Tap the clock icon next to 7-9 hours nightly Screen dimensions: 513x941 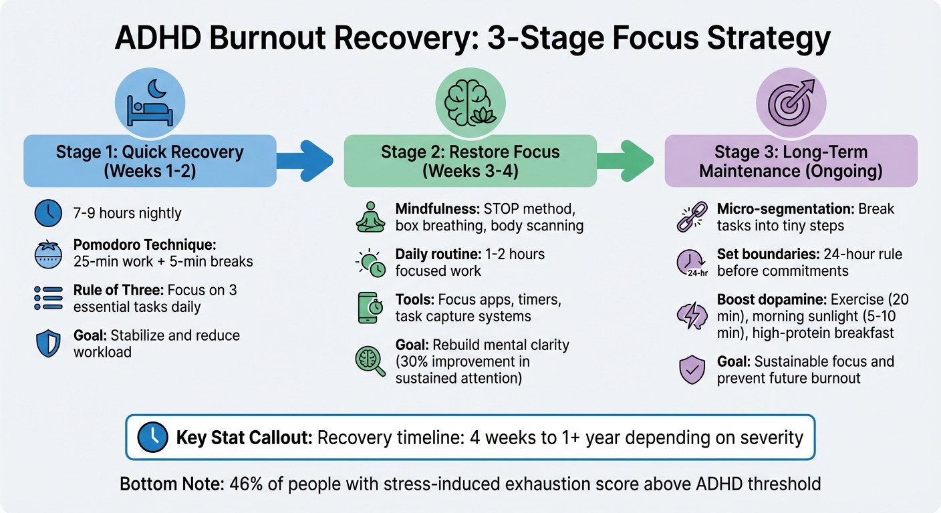pos(47,214)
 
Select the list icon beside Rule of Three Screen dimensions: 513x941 pos(47,299)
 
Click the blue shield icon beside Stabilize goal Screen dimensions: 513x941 pos(47,343)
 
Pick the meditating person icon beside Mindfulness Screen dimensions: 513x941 pos(370,217)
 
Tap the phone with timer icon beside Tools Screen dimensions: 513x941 pos(370,308)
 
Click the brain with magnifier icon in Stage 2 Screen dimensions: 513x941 pos(370,360)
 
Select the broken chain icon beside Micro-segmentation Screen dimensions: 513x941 pos(691,217)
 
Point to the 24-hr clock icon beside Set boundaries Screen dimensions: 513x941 pos(691,263)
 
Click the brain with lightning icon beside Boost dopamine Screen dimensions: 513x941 pos(691,316)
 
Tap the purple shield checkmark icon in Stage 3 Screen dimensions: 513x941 pos(691,369)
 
